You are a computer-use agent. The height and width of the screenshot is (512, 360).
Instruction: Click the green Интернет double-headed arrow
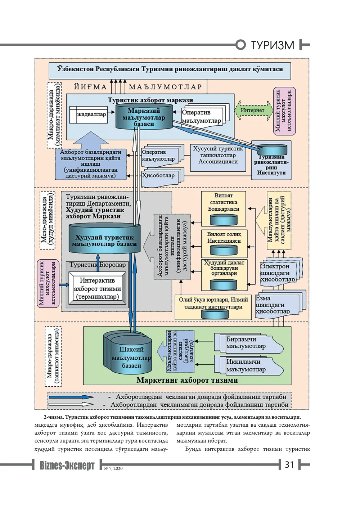(x=254, y=110)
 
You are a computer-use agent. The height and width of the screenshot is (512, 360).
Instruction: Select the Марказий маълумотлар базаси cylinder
(x=144, y=117)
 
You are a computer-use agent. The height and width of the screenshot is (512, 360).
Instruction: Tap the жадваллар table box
(x=89, y=114)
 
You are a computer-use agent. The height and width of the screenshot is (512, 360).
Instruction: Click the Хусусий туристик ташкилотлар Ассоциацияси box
(x=218, y=158)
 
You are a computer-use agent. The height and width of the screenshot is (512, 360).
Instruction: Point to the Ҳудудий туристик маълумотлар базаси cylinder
(x=104, y=238)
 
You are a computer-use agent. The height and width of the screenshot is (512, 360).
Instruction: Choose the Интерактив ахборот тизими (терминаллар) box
(x=97, y=289)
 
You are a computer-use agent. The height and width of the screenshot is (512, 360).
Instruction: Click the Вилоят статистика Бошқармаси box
(x=224, y=209)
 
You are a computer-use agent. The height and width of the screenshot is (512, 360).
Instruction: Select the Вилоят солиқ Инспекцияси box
(x=224, y=244)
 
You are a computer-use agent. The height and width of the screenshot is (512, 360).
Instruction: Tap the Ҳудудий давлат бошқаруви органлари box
(x=224, y=275)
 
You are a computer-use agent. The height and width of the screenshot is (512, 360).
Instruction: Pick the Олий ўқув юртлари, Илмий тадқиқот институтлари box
(x=213, y=307)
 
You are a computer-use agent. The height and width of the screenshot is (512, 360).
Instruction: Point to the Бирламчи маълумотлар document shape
(x=249, y=343)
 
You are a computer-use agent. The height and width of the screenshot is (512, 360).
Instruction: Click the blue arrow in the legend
(x=71, y=397)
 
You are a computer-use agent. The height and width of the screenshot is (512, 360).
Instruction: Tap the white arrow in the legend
(x=71, y=404)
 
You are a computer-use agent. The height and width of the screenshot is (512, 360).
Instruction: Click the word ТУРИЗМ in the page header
(x=273, y=45)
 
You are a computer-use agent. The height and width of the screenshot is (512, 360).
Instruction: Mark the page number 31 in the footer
(x=289, y=465)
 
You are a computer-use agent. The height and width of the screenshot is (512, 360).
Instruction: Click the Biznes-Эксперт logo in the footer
(x=67, y=465)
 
